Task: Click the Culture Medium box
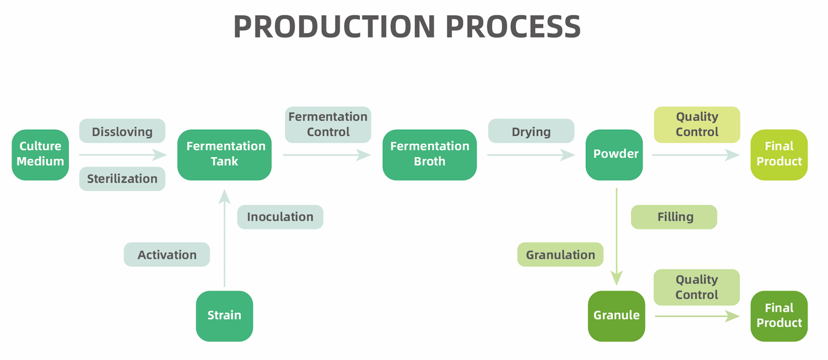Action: (x=40, y=154)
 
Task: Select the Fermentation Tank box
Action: (x=225, y=154)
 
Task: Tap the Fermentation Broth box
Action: (x=429, y=154)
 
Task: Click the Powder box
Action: (x=615, y=154)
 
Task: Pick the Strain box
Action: (x=224, y=315)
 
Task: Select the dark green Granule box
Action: (x=616, y=315)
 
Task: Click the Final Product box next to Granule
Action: (x=778, y=315)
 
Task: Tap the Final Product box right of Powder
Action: (x=778, y=154)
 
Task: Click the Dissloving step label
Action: (x=122, y=131)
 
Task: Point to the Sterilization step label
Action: (x=122, y=179)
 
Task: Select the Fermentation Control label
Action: (x=328, y=124)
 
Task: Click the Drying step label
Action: (x=531, y=131)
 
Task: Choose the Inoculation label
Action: (x=280, y=217)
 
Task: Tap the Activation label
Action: (x=167, y=254)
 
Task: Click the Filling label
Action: (x=674, y=217)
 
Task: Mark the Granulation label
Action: (x=560, y=254)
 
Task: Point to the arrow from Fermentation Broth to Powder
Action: (x=530, y=155)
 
